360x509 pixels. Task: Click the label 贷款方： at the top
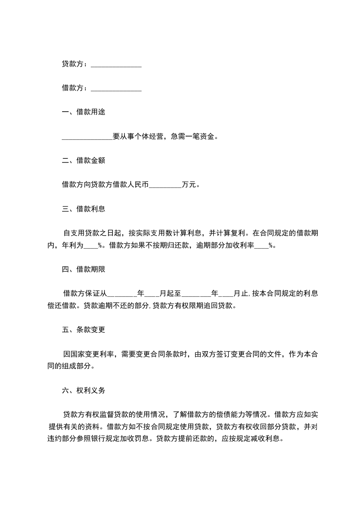click(x=74, y=64)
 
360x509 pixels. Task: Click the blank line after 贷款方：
click(x=116, y=65)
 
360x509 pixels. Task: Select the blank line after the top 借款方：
click(x=116, y=89)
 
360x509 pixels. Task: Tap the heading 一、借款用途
click(x=84, y=112)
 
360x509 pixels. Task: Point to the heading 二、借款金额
click(x=84, y=160)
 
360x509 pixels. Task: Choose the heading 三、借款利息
click(x=84, y=209)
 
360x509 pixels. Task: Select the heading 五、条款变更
click(x=84, y=330)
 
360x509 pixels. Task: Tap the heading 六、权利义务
click(x=84, y=390)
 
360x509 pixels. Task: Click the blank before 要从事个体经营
click(x=87, y=137)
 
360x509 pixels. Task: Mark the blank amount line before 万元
click(x=165, y=185)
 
